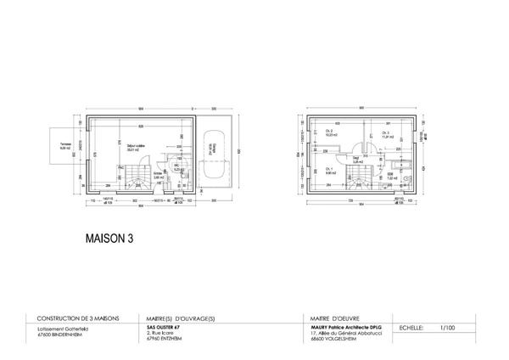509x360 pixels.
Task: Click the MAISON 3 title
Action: [x=109, y=239]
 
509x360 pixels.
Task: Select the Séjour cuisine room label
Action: [x=134, y=147]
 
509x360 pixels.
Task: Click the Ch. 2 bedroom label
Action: [x=330, y=134]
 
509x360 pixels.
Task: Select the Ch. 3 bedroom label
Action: [x=386, y=134]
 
